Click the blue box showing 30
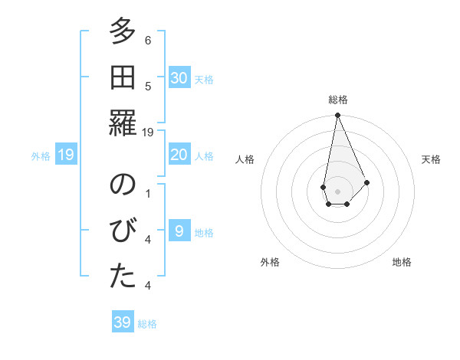click(x=179, y=77)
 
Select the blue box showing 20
click(x=179, y=155)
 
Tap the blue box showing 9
click(x=179, y=231)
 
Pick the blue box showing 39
click(x=123, y=322)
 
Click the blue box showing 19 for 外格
click(x=66, y=155)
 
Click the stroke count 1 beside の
click(x=148, y=194)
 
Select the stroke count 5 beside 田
click(x=148, y=87)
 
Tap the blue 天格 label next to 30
click(x=204, y=79)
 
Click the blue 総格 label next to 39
click(x=147, y=324)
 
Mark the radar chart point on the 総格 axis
click(x=337, y=116)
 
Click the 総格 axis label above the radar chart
click(x=337, y=100)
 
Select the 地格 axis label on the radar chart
click(x=402, y=262)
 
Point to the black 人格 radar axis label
click(x=245, y=159)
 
